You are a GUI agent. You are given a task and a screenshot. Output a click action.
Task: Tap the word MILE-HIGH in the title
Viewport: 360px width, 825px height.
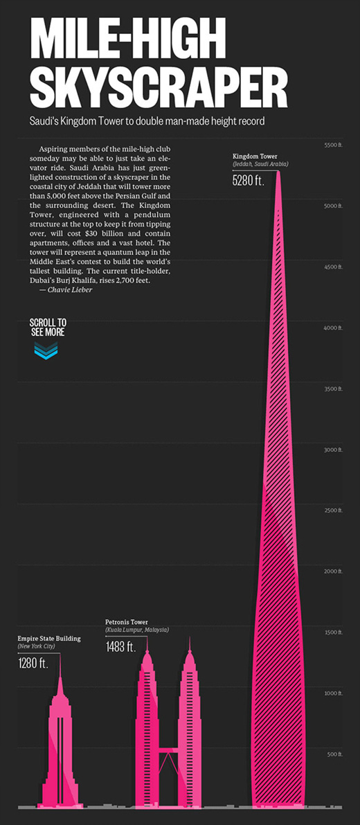(x=127, y=38)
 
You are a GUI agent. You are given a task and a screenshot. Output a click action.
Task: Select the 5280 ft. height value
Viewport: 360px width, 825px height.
(x=249, y=180)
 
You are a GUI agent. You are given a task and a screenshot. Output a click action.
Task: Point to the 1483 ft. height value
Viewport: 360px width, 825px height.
(x=121, y=646)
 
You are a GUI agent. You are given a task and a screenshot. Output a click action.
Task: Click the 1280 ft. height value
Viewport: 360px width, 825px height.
(x=33, y=663)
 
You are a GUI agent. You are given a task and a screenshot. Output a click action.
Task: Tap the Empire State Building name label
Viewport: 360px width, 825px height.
(x=49, y=638)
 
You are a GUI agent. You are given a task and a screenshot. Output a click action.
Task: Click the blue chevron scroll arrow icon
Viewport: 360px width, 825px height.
(x=46, y=350)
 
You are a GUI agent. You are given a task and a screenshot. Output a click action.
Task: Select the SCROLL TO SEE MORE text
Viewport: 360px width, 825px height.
(x=47, y=327)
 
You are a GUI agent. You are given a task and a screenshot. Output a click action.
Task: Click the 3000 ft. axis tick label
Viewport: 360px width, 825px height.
(x=333, y=450)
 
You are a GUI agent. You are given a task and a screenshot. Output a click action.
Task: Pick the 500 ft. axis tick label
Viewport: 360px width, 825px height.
(x=335, y=754)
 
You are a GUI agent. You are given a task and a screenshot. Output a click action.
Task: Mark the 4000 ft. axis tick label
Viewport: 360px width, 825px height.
(x=333, y=328)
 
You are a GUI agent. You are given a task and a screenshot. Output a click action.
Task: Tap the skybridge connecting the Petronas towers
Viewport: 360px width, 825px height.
(x=168, y=749)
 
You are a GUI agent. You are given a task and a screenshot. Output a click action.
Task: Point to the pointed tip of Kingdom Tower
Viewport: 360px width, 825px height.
(x=278, y=172)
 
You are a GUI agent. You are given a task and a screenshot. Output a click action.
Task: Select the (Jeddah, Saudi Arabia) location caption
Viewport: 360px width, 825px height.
(x=261, y=164)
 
